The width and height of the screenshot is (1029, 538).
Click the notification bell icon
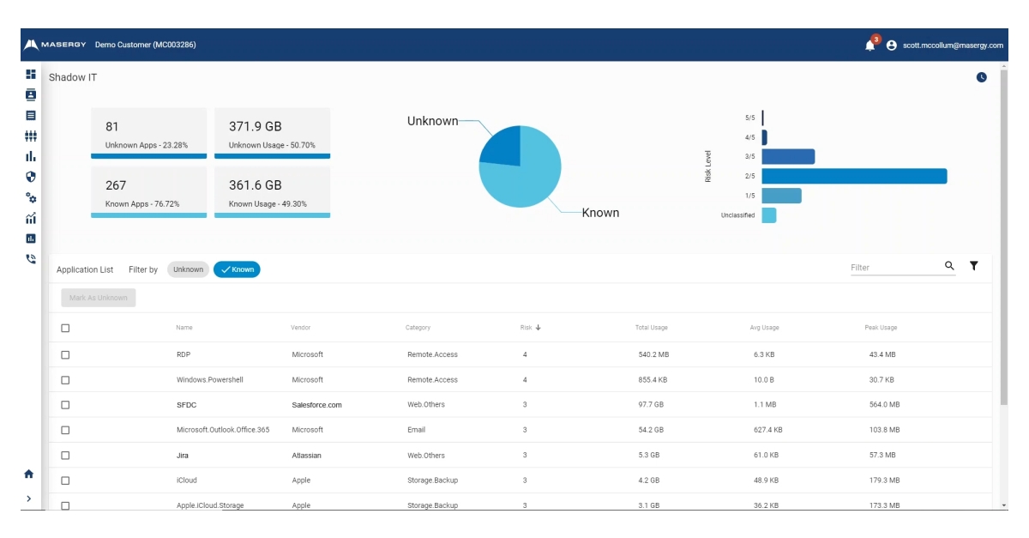(870, 45)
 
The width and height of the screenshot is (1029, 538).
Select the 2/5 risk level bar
(854, 176)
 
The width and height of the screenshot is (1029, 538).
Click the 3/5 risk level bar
(788, 156)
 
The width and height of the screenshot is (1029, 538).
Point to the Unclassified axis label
(737, 215)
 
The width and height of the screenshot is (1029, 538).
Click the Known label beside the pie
(600, 213)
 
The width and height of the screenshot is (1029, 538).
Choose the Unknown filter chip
(188, 269)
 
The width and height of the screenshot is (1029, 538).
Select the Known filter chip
(237, 269)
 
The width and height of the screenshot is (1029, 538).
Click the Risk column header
(527, 328)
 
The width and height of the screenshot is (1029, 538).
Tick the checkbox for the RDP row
(65, 354)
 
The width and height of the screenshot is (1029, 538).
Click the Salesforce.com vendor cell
(316, 405)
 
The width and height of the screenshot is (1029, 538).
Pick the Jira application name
(183, 456)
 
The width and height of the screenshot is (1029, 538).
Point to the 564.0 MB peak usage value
(884, 405)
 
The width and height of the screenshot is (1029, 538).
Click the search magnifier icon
(949, 266)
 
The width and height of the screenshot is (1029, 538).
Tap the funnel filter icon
(974, 266)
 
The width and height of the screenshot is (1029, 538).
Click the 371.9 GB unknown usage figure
(255, 127)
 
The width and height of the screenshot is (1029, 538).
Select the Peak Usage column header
(881, 328)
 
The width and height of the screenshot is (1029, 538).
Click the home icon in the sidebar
(29, 474)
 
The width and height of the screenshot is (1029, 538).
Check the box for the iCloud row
(65, 481)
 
